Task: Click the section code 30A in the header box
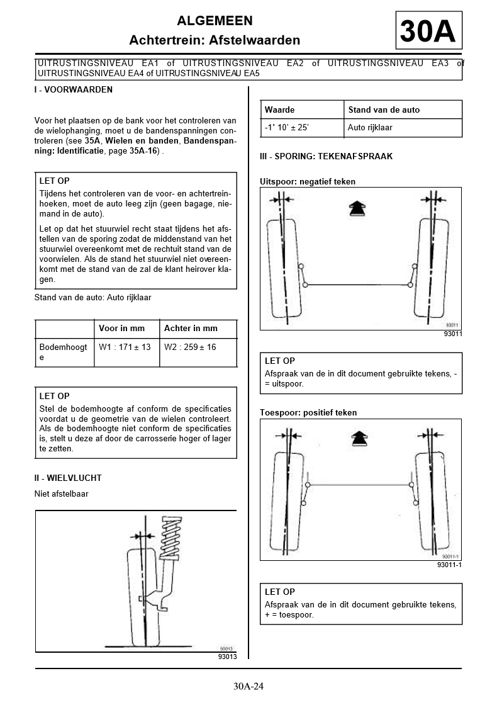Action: click(428, 31)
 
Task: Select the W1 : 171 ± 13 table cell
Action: click(125, 347)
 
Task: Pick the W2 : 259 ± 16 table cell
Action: click(190, 347)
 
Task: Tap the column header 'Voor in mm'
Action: click(122, 328)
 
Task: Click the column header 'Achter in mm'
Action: click(191, 328)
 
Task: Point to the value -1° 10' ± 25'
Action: click(287, 128)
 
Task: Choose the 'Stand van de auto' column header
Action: click(384, 110)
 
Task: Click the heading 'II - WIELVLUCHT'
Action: click(68, 478)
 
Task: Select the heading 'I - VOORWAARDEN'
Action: click(74, 90)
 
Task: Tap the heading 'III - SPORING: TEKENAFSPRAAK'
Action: click(326, 156)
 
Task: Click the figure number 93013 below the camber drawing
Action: click(227, 657)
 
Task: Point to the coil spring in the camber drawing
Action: click(171, 539)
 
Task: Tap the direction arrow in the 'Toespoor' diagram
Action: click(357, 439)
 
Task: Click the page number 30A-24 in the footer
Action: click(248, 686)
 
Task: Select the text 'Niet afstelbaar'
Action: click(62, 494)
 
